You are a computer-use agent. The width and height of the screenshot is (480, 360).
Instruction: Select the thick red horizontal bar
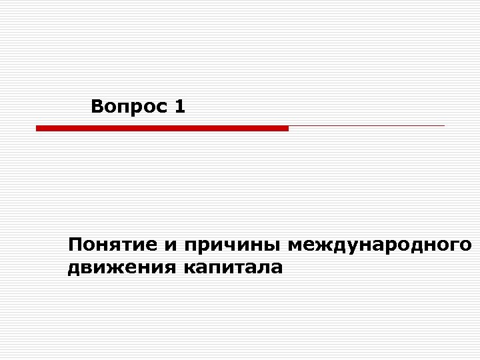[x=162, y=128]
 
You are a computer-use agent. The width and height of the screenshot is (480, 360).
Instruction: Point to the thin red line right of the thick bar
[x=367, y=125]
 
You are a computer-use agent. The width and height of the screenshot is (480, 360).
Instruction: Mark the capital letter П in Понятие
[x=75, y=245]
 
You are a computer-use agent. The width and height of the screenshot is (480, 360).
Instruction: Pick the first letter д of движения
[x=73, y=269]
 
